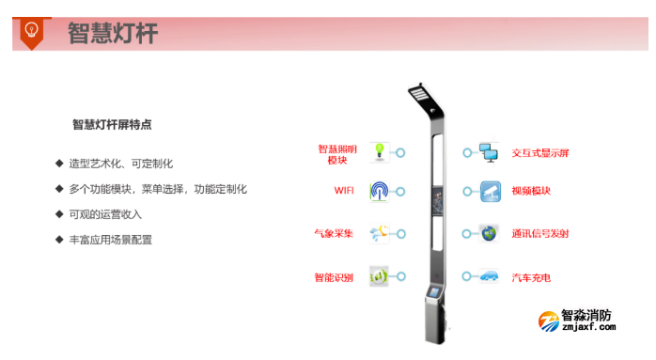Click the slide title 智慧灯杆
click(113, 34)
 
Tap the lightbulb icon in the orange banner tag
click(31, 30)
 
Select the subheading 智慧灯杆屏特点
click(112, 124)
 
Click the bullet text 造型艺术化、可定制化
click(120, 164)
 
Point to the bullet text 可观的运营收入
click(104, 214)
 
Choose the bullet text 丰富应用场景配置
click(110, 240)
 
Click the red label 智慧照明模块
click(338, 154)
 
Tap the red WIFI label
click(344, 191)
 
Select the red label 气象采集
click(335, 233)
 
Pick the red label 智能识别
click(335, 277)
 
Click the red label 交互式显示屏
click(540, 152)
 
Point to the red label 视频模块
click(531, 191)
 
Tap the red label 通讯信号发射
click(540, 233)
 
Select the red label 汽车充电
click(531, 277)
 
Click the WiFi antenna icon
click(379, 191)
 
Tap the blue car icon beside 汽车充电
click(489, 276)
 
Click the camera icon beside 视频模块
click(489, 191)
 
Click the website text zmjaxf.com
click(588, 328)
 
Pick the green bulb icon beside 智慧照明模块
click(379, 151)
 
